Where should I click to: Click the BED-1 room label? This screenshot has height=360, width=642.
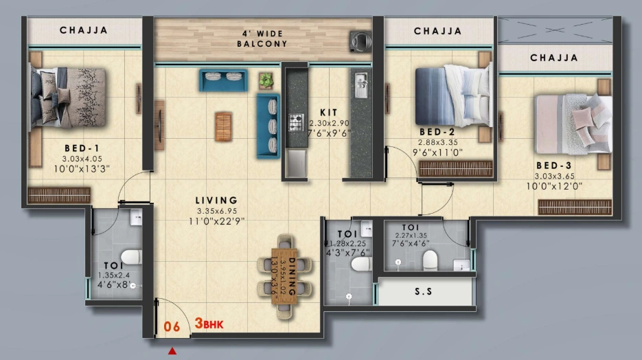pos(82,148)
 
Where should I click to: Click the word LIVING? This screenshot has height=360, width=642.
pos(216,201)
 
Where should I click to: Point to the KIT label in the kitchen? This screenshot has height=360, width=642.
pos(328,112)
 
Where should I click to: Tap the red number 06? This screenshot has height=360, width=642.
pos(172,326)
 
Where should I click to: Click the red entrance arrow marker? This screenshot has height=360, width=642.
pos(172,352)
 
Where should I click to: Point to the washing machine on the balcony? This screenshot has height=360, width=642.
pos(359,40)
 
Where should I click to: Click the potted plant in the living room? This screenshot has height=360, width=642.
pos(266,80)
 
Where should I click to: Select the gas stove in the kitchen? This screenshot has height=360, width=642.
pos(295,123)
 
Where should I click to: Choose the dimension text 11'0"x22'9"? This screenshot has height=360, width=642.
pos(216,221)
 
